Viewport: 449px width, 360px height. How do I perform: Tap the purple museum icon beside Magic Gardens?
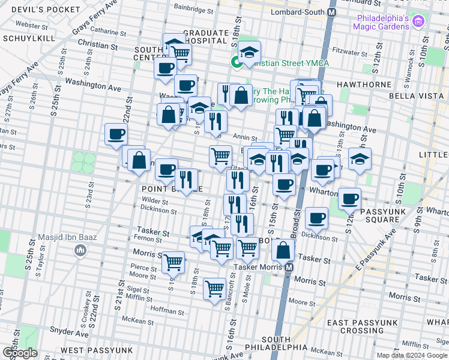pos(418,22)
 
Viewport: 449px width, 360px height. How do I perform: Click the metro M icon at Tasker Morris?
pos(289,267)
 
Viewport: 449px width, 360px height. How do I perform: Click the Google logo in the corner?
pos(19,353)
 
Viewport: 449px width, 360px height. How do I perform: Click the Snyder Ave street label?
pos(64,329)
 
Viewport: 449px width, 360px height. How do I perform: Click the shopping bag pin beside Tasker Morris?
pos(283,250)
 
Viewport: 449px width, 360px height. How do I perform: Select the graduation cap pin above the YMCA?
pos(249,52)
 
